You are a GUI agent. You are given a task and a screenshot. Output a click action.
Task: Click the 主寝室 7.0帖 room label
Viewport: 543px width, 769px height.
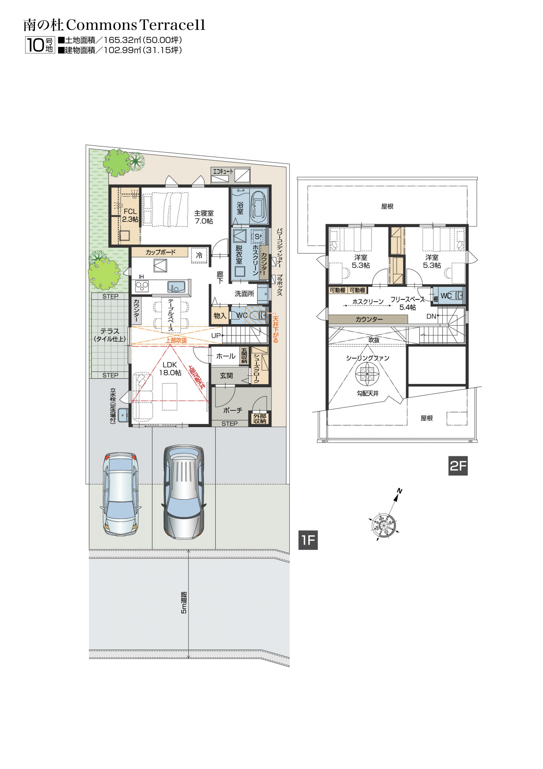[204, 217]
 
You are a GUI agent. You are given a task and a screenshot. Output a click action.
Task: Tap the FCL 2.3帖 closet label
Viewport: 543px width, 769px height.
[130, 215]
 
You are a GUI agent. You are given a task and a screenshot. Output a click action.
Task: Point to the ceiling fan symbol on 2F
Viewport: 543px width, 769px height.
[367, 373]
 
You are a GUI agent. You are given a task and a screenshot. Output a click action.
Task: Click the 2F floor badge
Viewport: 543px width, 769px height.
[458, 465]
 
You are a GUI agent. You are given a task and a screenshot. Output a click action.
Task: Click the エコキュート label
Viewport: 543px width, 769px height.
[223, 172]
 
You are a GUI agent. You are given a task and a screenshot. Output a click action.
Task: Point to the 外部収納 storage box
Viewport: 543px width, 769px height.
[259, 418]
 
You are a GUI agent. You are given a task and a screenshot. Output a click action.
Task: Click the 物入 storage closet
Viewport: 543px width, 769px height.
[220, 315]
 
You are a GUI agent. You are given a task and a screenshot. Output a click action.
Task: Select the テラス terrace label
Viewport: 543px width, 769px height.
[110, 335]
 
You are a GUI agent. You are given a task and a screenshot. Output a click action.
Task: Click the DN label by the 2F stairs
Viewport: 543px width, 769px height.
[431, 316]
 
